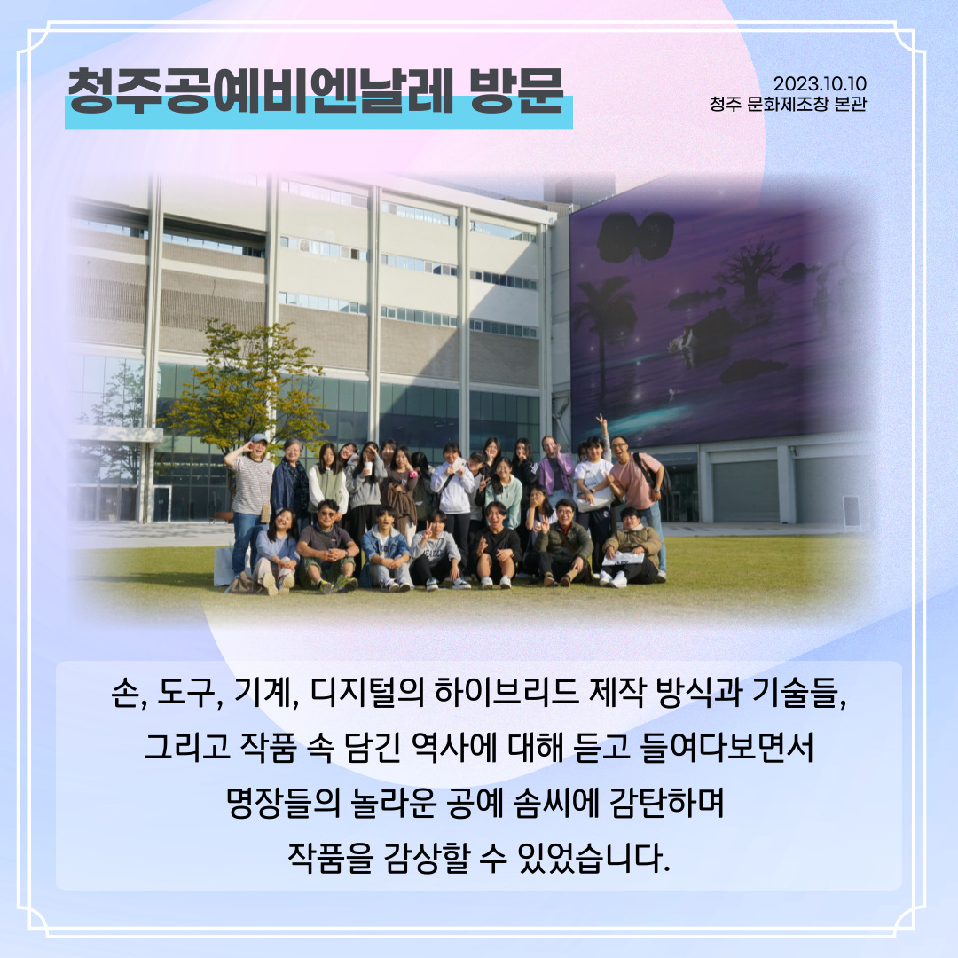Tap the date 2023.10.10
pos(820,83)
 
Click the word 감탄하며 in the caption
pos(666,803)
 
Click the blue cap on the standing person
pos(258,438)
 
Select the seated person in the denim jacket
pos(386,547)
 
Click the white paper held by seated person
pos(624,559)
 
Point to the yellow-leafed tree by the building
pos(245,385)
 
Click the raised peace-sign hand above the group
pos(601,421)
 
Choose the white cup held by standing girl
pos(368,468)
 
